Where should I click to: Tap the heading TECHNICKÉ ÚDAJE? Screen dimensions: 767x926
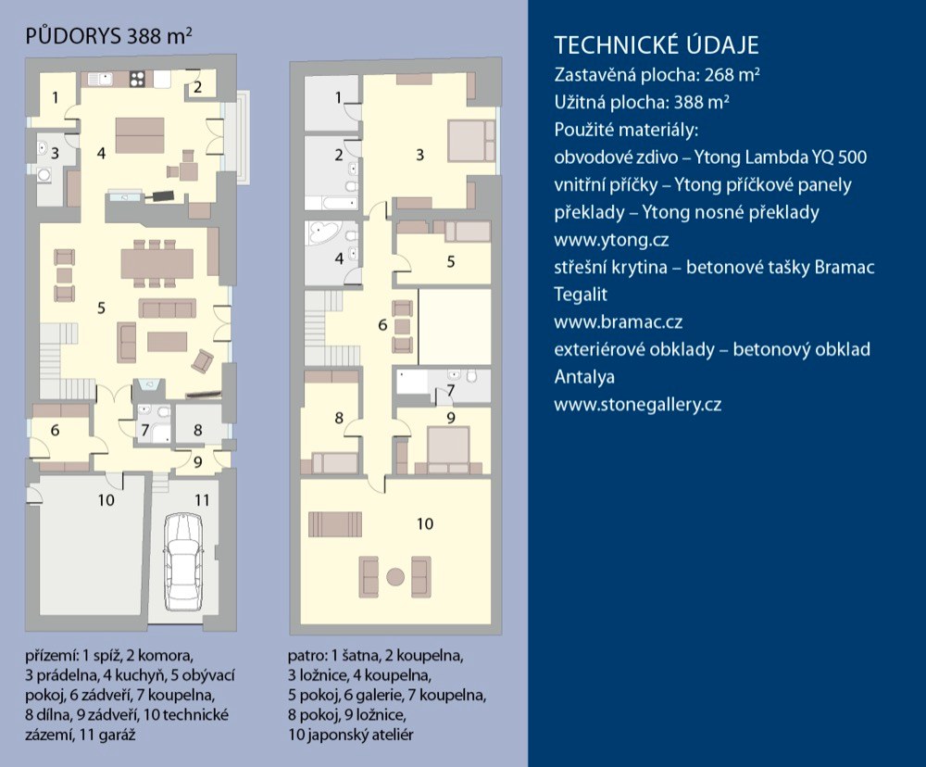click(656, 45)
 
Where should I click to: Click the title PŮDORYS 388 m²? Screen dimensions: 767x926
click(109, 36)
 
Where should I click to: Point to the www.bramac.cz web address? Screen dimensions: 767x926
click(619, 322)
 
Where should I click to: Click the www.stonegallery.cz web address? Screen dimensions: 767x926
click(637, 405)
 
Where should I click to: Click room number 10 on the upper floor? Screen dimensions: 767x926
click(424, 524)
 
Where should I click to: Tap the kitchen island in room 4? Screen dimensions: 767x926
click(141, 134)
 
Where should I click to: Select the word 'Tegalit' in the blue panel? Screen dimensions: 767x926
click(581, 295)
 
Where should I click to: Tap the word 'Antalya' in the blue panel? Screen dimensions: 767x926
click(584, 377)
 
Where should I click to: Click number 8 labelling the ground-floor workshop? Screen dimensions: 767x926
click(197, 430)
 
